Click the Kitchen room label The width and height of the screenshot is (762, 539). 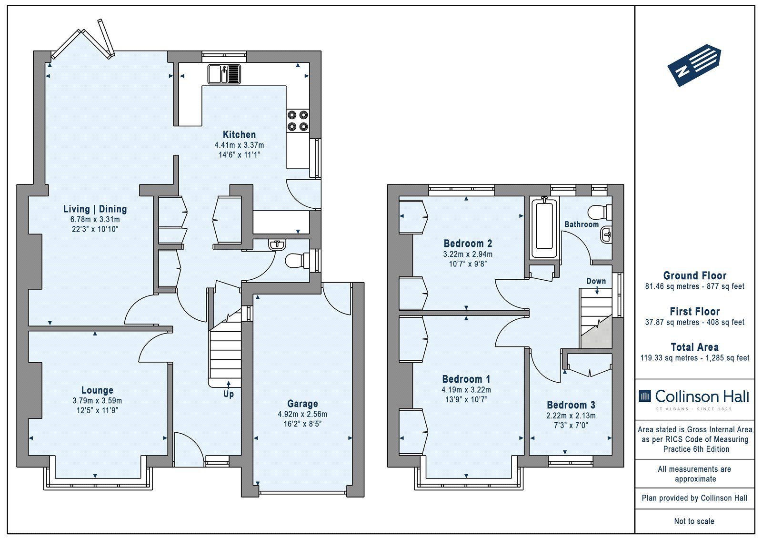point(239,134)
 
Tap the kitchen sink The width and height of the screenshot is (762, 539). point(224,74)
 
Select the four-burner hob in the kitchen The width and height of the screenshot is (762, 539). point(298,121)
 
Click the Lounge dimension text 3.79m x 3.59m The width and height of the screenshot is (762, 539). point(97,401)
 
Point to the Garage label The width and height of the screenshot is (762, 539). point(302,404)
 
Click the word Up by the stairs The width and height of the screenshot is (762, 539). point(229,394)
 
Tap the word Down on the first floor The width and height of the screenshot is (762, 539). point(596,281)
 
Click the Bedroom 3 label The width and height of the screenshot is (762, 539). point(571,405)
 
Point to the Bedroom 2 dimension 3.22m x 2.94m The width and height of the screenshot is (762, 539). point(468,254)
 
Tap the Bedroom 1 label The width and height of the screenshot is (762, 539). point(466,379)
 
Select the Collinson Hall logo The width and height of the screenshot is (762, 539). point(694,399)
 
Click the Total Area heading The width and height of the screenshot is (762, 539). point(695,347)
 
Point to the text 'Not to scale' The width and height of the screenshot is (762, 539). point(694,521)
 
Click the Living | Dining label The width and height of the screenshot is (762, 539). point(95,209)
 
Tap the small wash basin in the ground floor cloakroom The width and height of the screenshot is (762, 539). point(277,244)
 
